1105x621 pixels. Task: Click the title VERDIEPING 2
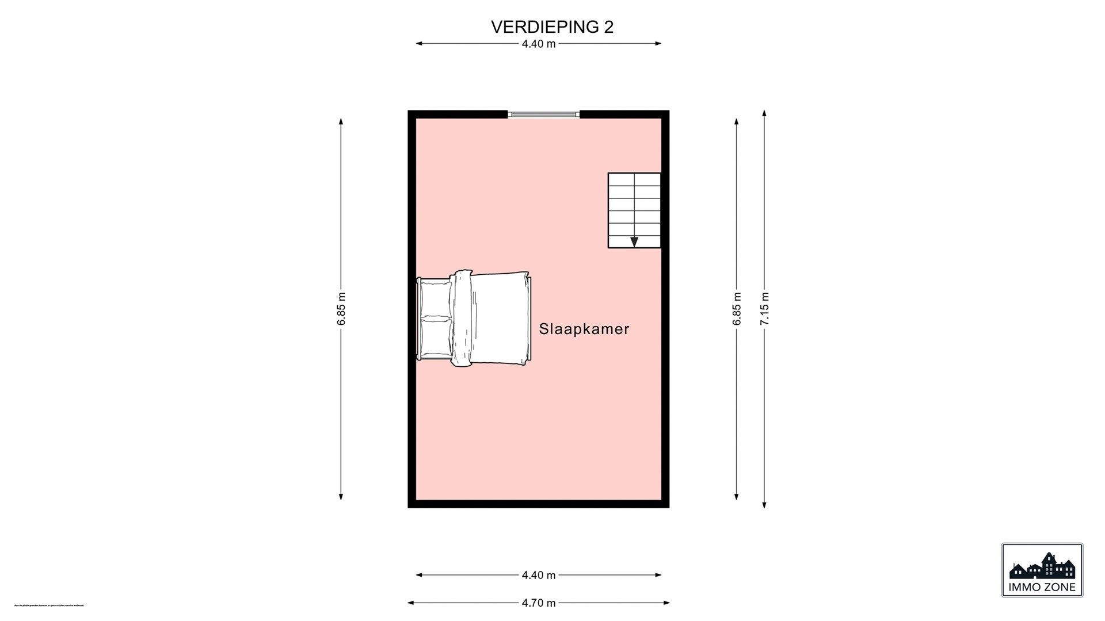(x=552, y=27)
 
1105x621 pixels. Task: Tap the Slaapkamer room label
(x=584, y=329)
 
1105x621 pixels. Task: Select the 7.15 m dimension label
(x=764, y=309)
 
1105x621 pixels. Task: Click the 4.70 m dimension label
(x=538, y=603)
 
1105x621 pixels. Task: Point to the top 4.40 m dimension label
(x=538, y=44)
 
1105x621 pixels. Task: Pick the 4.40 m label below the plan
(x=538, y=575)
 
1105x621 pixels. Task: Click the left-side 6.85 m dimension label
(x=341, y=309)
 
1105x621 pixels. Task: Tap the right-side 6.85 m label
(x=737, y=309)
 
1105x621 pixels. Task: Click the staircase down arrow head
(x=634, y=242)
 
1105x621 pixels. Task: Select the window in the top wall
(x=544, y=114)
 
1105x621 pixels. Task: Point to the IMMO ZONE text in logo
(x=1042, y=587)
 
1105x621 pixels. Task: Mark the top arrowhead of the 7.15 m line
(x=764, y=114)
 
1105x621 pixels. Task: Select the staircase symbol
(x=634, y=210)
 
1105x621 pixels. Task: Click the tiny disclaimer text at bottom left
(x=49, y=605)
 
